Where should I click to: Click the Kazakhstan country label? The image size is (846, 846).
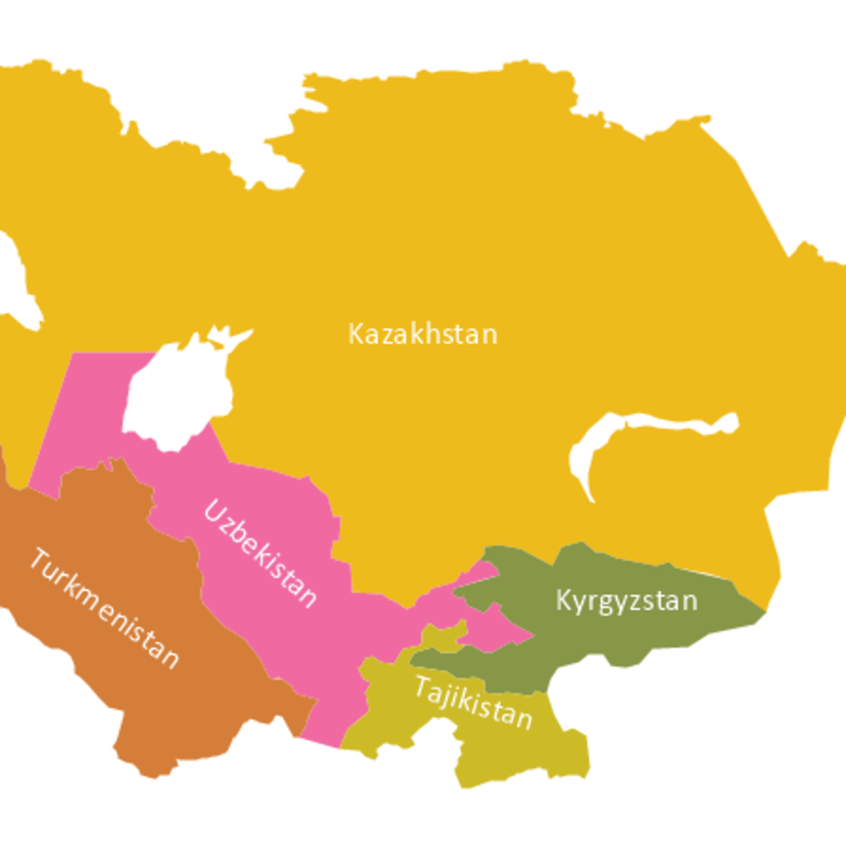422,334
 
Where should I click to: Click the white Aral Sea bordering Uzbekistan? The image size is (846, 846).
175,394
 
